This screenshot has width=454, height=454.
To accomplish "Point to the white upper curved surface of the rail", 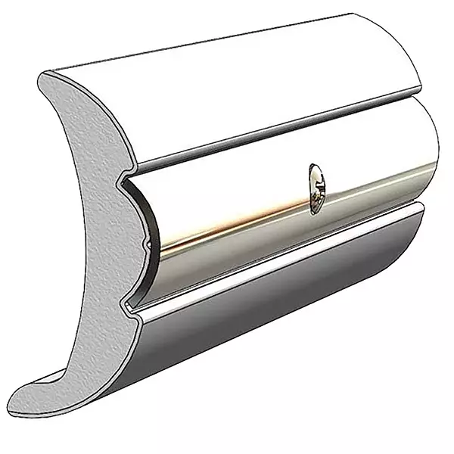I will pyautogui.click(x=227, y=91).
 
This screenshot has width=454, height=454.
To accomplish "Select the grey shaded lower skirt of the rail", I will pyautogui.click(x=265, y=318).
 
